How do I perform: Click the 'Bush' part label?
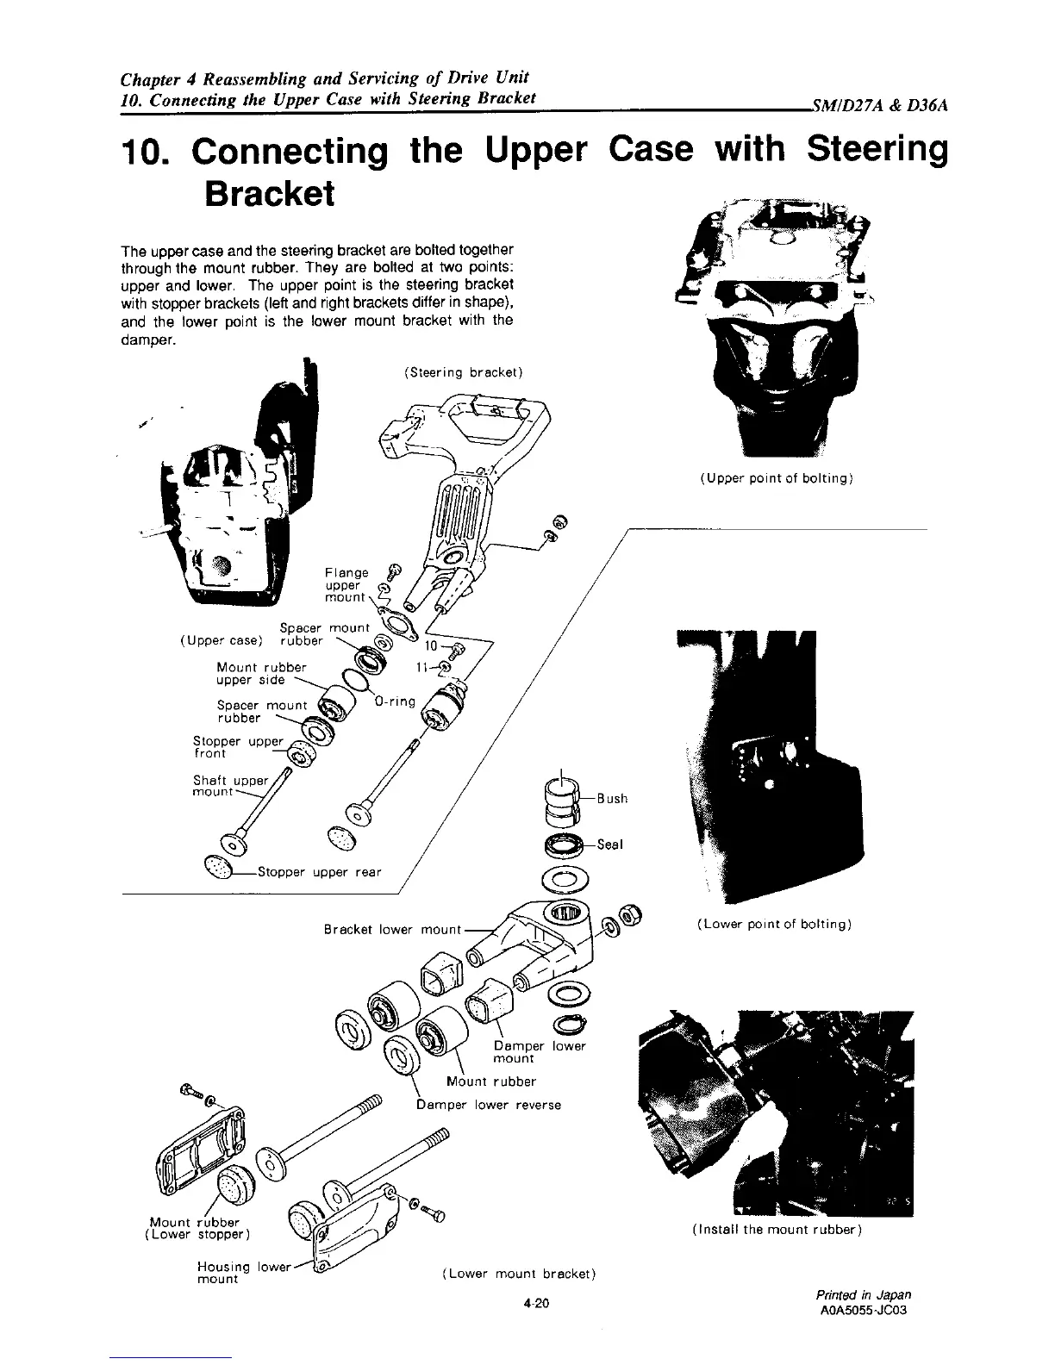coord(613,799)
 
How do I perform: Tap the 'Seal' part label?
coord(609,845)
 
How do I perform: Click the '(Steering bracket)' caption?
coord(463,372)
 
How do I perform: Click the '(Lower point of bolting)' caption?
coord(774,925)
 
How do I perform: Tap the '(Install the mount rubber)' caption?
coord(777,1231)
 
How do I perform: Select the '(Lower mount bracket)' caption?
coord(519,1273)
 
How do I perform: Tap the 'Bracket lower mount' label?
coord(392,930)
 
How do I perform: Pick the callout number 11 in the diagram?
coord(422,667)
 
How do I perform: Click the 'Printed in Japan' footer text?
coord(863,1294)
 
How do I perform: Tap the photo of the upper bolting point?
coord(776,327)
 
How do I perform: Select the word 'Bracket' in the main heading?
coord(269,195)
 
